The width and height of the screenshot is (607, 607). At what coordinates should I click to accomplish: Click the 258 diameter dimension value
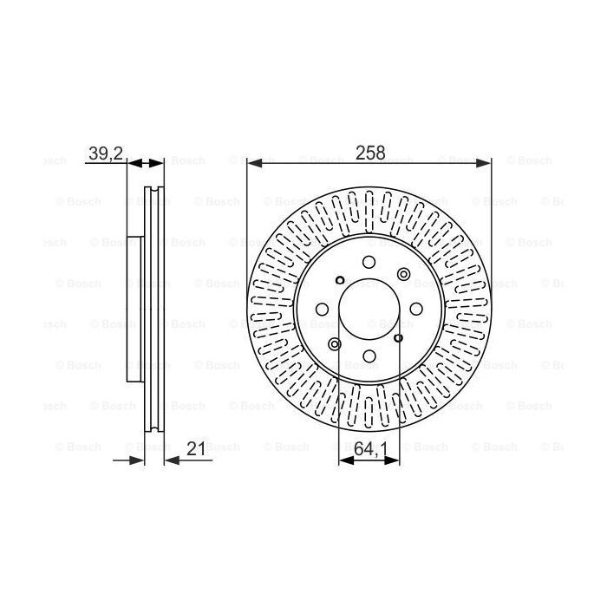pos(369,153)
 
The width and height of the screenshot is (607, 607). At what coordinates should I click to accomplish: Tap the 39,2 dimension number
pos(106,153)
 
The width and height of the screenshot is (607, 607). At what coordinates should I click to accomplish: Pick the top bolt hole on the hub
pos(369,263)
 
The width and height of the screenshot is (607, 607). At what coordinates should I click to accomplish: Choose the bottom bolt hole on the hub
pos(369,356)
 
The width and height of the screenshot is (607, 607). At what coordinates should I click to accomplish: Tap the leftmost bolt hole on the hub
pos(323,310)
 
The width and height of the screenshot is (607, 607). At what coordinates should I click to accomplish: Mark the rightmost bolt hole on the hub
pos(416,310)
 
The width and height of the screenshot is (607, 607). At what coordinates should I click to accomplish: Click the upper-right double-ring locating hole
pos(402,274)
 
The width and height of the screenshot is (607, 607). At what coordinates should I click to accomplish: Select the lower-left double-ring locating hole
pos(336,344)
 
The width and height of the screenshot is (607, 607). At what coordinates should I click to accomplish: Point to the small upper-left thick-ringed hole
pos(340,279)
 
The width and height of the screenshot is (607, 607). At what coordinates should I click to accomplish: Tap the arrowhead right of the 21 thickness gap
pos(171,460)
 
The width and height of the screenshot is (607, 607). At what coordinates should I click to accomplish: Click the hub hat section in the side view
pos(134,310)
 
